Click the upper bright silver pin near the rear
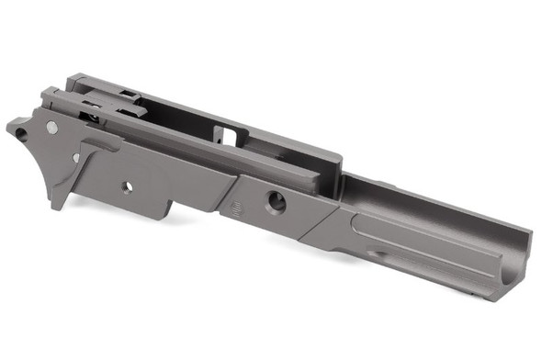tap(52, 128)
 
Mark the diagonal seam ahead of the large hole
tap(317, 223)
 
